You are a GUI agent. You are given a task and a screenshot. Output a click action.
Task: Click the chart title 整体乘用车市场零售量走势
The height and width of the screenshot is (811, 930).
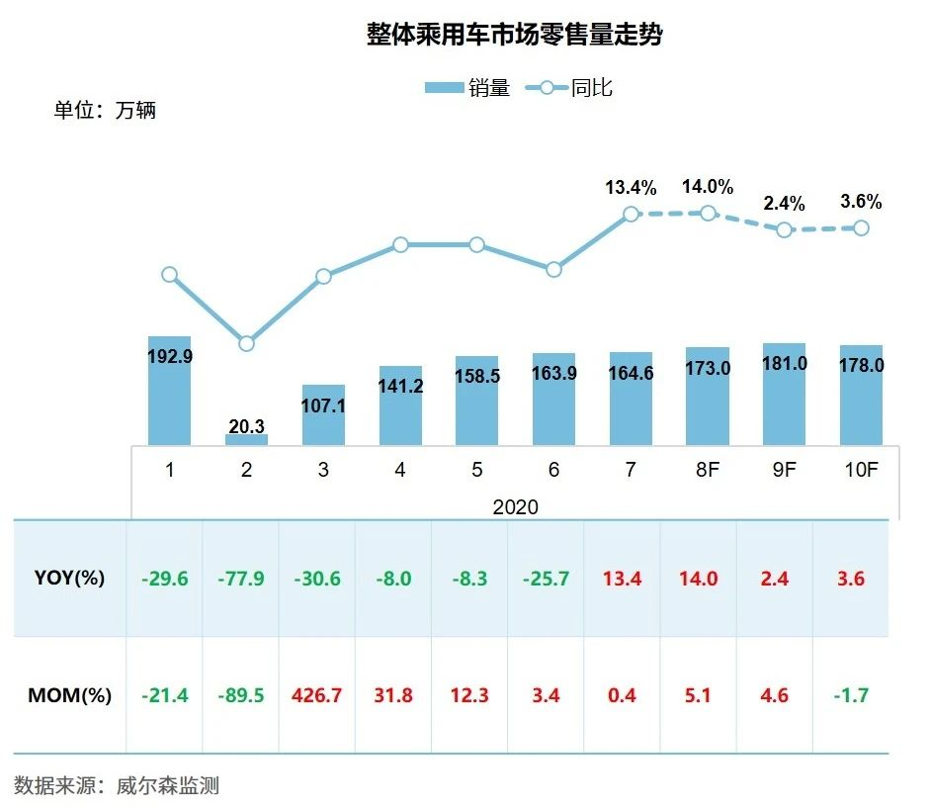pos(514,36)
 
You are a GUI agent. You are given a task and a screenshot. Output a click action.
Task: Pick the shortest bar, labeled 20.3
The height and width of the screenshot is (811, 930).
pos(246,439)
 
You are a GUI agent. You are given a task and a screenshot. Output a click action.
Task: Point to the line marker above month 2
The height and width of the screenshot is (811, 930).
pos(246,343)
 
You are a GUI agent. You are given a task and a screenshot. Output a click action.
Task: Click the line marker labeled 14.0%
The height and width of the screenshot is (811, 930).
pos(708,213)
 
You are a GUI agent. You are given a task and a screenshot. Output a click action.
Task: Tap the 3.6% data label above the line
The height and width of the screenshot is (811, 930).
pos(861,202)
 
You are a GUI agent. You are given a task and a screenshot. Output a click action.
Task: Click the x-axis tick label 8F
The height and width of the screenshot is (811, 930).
pos(707,470)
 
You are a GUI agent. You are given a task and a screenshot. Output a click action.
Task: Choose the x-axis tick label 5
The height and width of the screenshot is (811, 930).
pos(476,470)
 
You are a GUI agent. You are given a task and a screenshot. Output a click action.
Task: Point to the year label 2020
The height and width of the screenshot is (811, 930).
pos(515,506)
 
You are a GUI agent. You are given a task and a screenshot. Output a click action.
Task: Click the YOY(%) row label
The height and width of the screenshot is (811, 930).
pos(69,578)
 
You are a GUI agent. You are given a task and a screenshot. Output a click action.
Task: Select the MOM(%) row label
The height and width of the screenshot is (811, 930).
pos(69,695)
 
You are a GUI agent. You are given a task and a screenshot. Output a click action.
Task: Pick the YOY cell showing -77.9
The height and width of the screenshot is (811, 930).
pos(240,578)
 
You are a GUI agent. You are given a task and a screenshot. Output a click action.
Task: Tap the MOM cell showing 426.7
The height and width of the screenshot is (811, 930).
pos(317,695)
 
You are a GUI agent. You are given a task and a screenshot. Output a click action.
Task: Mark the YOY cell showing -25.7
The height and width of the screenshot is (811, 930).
pos(546,578)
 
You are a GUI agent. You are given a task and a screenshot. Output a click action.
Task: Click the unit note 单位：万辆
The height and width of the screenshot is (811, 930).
pos(105,110)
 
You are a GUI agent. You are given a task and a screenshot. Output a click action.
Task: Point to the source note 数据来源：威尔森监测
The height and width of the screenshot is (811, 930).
pos(117,786)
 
